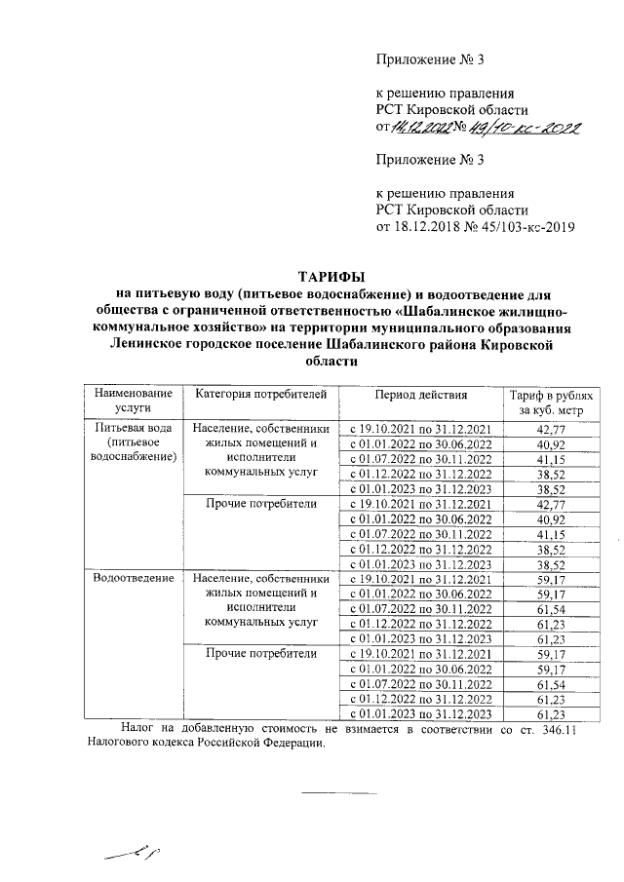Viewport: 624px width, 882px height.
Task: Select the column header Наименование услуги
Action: point(133,402)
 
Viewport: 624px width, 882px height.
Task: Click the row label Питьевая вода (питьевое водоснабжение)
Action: point(133,444)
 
